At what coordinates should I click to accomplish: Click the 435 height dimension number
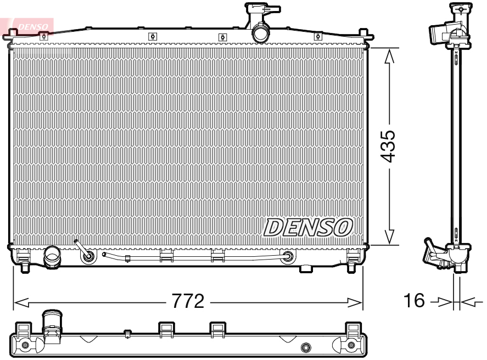(388, 147)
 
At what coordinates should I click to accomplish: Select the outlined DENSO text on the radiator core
(307, 226)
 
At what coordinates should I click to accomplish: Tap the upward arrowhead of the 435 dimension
(389, 55)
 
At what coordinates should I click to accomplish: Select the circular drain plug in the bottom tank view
(306, 347)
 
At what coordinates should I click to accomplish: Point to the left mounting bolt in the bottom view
(24, 345)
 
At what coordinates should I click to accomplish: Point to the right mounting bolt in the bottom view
(352, 345)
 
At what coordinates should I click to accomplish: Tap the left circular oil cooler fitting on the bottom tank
(87, 255)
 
